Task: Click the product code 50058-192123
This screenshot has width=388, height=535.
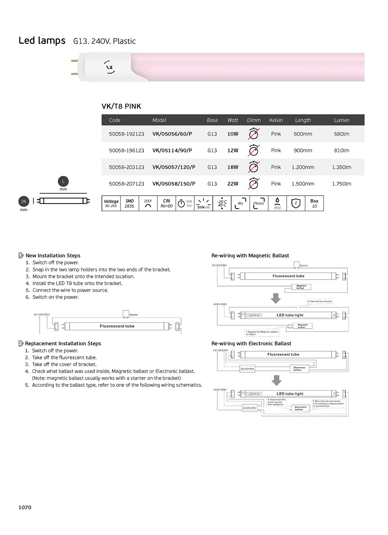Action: point(126,134)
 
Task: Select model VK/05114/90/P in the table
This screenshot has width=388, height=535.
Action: point(172,150)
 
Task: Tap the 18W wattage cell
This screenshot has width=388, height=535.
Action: point(233,167)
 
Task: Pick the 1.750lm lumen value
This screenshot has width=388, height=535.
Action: point(341,184)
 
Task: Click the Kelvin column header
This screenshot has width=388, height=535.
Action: point(276,120)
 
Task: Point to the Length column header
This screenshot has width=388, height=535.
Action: point(303,120)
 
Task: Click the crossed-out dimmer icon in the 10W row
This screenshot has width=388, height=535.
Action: point(254,134)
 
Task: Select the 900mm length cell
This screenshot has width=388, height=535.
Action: point(303,150)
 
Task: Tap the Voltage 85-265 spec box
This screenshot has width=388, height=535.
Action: point(111,203)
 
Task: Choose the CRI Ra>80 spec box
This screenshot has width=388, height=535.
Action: point(167,203)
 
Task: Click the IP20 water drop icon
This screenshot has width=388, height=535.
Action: point(277,201)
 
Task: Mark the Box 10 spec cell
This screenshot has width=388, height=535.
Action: point(314,203)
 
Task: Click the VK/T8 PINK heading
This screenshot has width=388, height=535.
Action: point(121,107)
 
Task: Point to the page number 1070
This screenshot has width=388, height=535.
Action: point(25,508)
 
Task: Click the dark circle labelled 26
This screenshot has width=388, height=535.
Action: point(24,201)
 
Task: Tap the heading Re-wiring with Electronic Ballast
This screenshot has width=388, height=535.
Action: point(251,344)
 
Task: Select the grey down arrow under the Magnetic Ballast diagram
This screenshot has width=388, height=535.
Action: point(275,298)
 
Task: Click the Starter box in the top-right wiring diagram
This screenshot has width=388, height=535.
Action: point(296,265)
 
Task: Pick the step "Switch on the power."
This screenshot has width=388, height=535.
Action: point(55,297)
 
